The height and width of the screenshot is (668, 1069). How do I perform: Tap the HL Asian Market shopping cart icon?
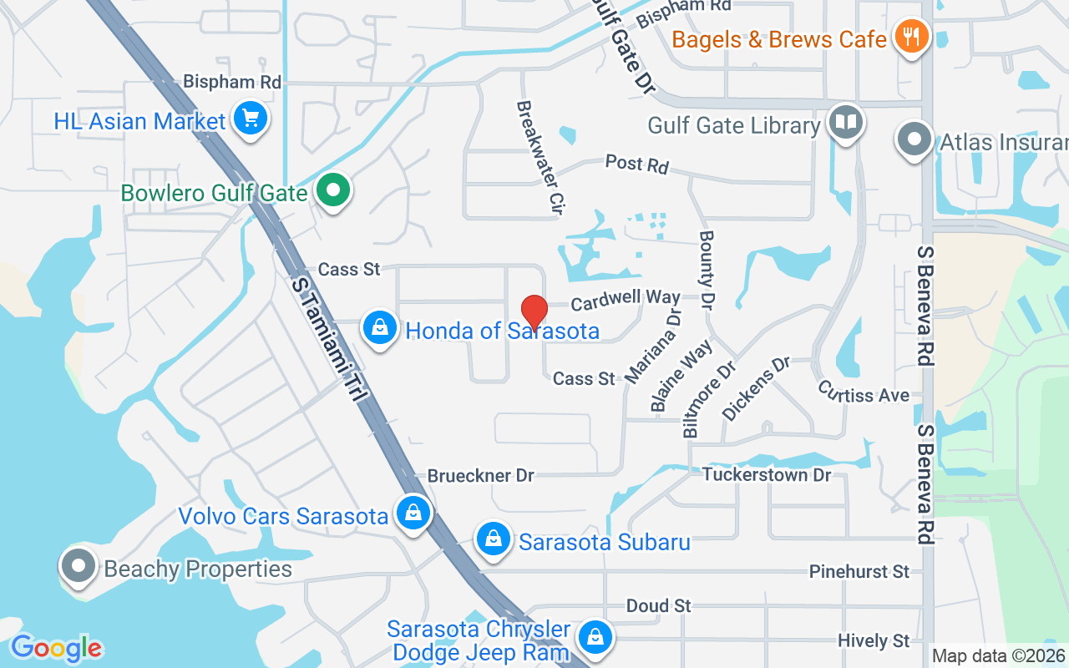point(250,118)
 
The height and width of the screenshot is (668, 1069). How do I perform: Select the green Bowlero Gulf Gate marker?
point(333,191)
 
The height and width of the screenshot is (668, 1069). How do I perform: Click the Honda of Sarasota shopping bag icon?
point(380,328)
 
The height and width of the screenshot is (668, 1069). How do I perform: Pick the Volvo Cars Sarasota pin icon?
point(413,513)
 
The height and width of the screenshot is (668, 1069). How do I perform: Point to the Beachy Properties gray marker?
point(79,566)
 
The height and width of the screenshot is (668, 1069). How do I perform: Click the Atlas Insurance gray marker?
point(914,139)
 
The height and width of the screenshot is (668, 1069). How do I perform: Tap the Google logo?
point(57,648)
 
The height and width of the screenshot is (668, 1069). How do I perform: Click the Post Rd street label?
point(637,164)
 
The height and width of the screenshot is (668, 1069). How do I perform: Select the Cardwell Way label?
point(626,298)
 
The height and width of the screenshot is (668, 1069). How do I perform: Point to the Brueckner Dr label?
point(481,475)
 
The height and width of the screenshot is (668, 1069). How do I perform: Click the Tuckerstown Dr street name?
point(767,474)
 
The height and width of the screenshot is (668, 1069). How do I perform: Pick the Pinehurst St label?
point(859,572)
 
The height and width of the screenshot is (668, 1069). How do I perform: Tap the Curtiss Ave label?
point(864,392)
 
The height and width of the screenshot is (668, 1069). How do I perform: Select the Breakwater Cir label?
point(538,159)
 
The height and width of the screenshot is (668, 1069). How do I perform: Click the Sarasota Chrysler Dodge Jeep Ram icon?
point(595,637)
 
